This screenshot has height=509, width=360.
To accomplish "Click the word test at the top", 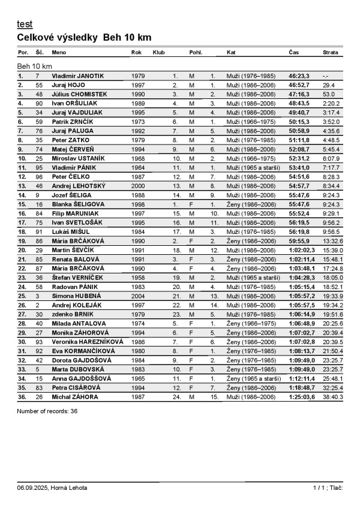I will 25,24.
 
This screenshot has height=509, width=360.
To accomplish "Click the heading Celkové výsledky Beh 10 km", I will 84,38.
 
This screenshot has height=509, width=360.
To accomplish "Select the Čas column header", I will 294,53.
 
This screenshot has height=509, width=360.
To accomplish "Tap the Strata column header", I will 330,53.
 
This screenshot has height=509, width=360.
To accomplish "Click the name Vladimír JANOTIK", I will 77,76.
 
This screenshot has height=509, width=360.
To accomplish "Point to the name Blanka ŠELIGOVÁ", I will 78,204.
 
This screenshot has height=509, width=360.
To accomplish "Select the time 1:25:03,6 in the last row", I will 301,396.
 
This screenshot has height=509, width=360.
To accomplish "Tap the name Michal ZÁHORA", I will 74,396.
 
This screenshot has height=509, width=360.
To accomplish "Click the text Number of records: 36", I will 47,411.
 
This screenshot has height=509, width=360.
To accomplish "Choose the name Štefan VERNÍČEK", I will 77,278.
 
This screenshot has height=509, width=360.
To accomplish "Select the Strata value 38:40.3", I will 332,396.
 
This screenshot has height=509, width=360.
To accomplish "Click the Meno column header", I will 59,53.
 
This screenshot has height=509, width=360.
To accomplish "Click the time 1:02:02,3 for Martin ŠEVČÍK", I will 301,250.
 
